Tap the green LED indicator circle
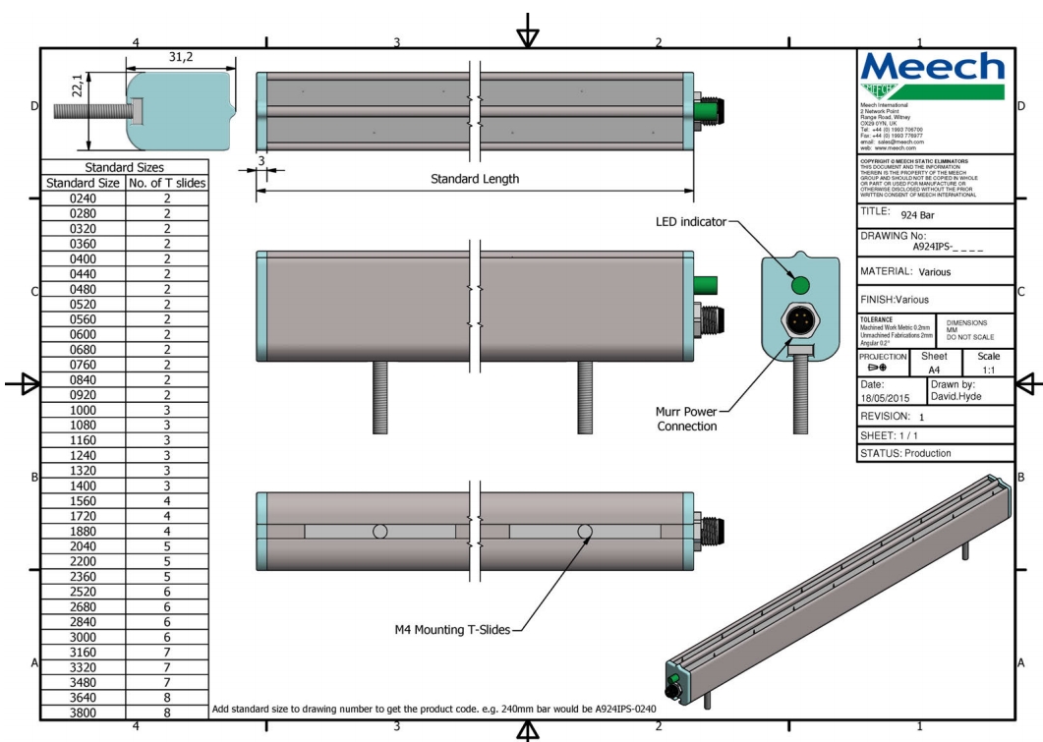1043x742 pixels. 799,285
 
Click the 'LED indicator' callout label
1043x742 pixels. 690,222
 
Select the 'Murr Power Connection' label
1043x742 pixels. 685,418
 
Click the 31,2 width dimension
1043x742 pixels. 181,57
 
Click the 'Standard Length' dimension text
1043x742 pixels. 475,179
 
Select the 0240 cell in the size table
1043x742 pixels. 83,198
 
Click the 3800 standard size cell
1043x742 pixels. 83,713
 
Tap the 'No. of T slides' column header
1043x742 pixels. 167,183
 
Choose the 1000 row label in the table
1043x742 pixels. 83,410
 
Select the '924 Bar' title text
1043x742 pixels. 921,213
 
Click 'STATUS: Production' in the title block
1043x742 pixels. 908,453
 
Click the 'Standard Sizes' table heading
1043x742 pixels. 124,168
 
